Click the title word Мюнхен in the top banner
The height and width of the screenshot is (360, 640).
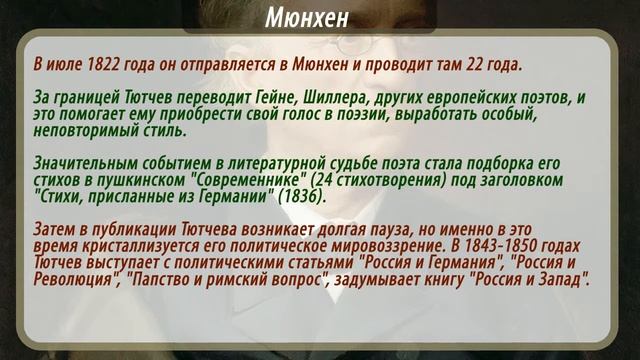pos(319,18)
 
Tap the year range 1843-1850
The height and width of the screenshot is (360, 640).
pos(493,245)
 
